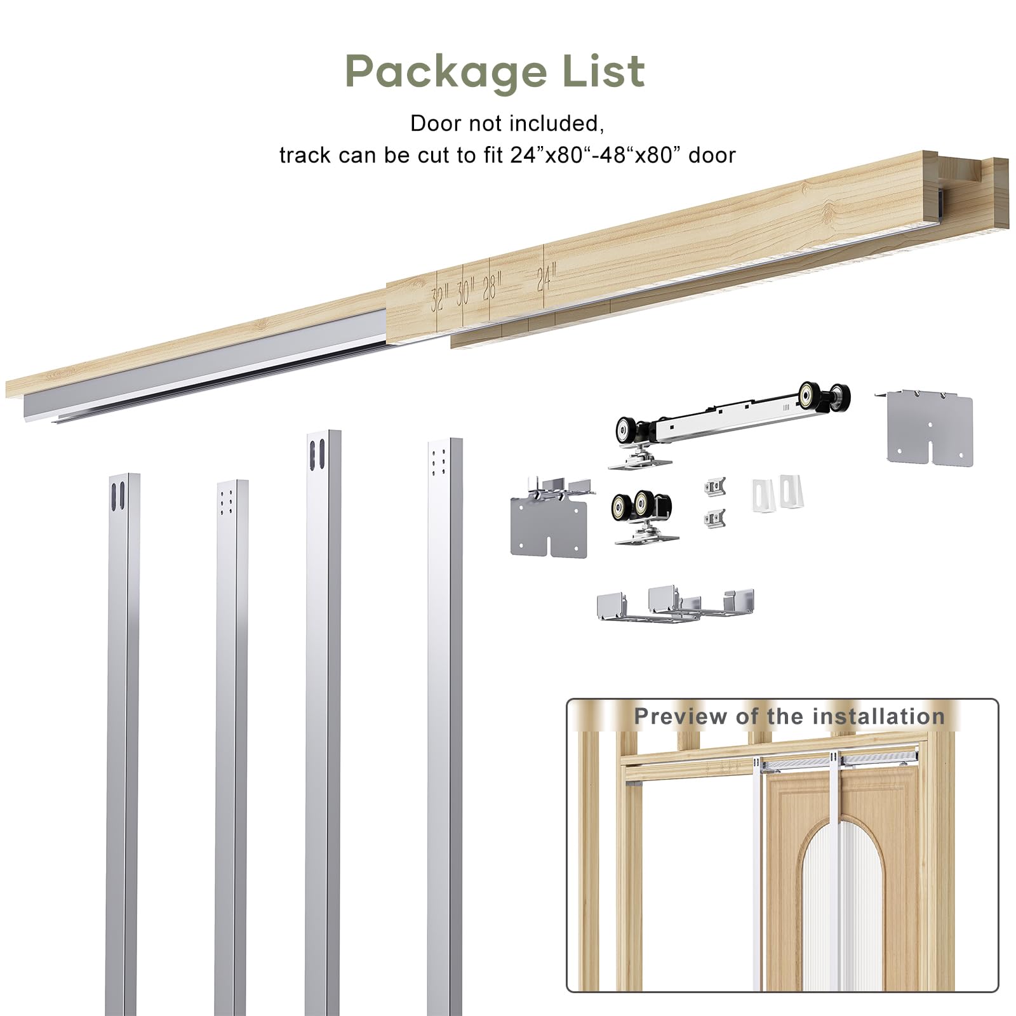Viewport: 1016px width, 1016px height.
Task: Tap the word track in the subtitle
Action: click(x=305, y=155)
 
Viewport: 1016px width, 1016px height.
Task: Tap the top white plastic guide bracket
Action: click(x=779, y=491)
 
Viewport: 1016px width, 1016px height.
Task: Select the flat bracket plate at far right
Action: click(x=928, y=426)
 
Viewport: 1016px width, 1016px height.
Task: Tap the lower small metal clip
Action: click(x=715, y=519)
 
